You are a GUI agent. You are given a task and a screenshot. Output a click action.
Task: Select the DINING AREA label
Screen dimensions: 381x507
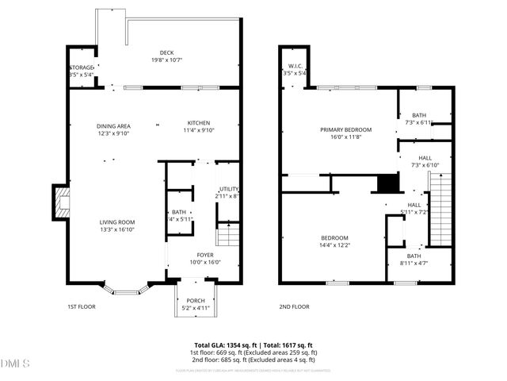(x=113, y=126)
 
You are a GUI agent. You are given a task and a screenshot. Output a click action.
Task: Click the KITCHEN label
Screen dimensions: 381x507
(x=198, y=122)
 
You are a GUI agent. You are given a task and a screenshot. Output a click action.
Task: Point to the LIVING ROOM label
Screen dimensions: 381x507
(x=116, y=222)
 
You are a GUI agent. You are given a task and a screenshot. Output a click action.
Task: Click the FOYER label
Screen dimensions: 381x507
(x=205, y=255)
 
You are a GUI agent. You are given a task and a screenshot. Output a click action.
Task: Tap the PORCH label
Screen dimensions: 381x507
(x=194, y=301)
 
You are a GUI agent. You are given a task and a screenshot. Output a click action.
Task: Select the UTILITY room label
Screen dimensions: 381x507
(x=228, y=188)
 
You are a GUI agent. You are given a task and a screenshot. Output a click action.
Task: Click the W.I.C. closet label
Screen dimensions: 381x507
(x=297, y=66)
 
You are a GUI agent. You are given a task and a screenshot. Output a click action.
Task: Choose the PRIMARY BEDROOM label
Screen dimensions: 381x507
(x=345, y=129)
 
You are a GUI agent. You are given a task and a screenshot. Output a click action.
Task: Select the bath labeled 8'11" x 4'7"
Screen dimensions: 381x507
(x=414, y=260)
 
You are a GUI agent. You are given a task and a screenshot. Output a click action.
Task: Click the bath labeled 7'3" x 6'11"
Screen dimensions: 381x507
(x=418, y=118)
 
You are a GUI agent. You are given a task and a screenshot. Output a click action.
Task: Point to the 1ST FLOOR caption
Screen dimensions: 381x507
(x=82, y=306)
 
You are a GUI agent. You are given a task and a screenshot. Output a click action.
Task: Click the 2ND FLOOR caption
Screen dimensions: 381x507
(x=293, y=306)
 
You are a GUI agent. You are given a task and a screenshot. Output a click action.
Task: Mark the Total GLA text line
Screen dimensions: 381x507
(x=253, y=345)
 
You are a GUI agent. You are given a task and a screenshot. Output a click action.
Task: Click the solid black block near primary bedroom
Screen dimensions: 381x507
(x=387, y=183)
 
